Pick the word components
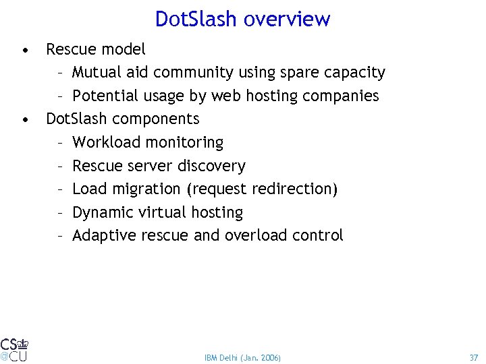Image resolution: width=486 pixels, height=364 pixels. pos(156,119)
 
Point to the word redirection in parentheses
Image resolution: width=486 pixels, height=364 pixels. pos(296,189)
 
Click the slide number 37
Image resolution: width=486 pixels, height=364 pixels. pos(473,357)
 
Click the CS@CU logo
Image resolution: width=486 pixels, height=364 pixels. pos(13,348)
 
